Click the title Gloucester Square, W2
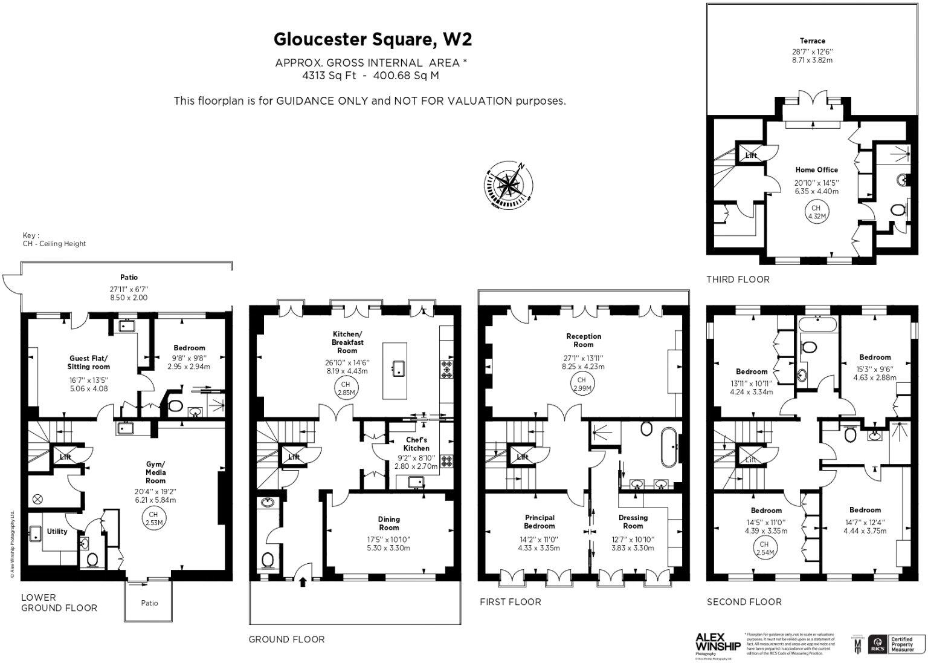point(372,39)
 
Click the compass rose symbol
point(509,183)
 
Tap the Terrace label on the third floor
point(812,41)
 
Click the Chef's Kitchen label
point(416,444)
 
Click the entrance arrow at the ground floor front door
point(303,582)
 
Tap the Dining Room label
point(388,523)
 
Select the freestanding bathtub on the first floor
point(668,447)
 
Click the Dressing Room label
point(633,521)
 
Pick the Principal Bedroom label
point(539,521)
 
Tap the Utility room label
point(57,532)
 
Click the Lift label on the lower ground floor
point(65,457)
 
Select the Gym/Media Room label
point(155,472)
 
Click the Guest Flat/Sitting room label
point(89,362)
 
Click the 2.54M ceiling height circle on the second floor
point(764,548)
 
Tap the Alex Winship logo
point(718,642)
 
